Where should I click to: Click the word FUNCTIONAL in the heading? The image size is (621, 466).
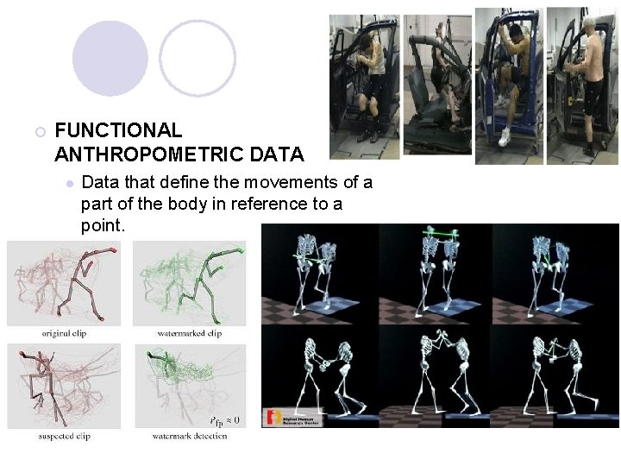click(118, 130)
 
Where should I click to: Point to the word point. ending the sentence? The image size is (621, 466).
click(103, 225)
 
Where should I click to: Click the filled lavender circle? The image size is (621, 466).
click(110, 58)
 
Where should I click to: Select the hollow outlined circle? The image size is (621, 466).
click(198, 58)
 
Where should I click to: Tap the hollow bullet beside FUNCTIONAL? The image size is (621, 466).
click(39, 132)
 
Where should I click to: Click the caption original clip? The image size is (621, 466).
click(64, 333)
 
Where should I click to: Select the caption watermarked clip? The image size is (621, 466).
click(190, 333)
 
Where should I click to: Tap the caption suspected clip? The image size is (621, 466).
click(64, 437)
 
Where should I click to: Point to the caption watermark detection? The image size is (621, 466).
click(190, 437)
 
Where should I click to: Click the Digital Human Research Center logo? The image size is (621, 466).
click(293, 419)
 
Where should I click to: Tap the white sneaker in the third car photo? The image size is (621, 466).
click(505, 136)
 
